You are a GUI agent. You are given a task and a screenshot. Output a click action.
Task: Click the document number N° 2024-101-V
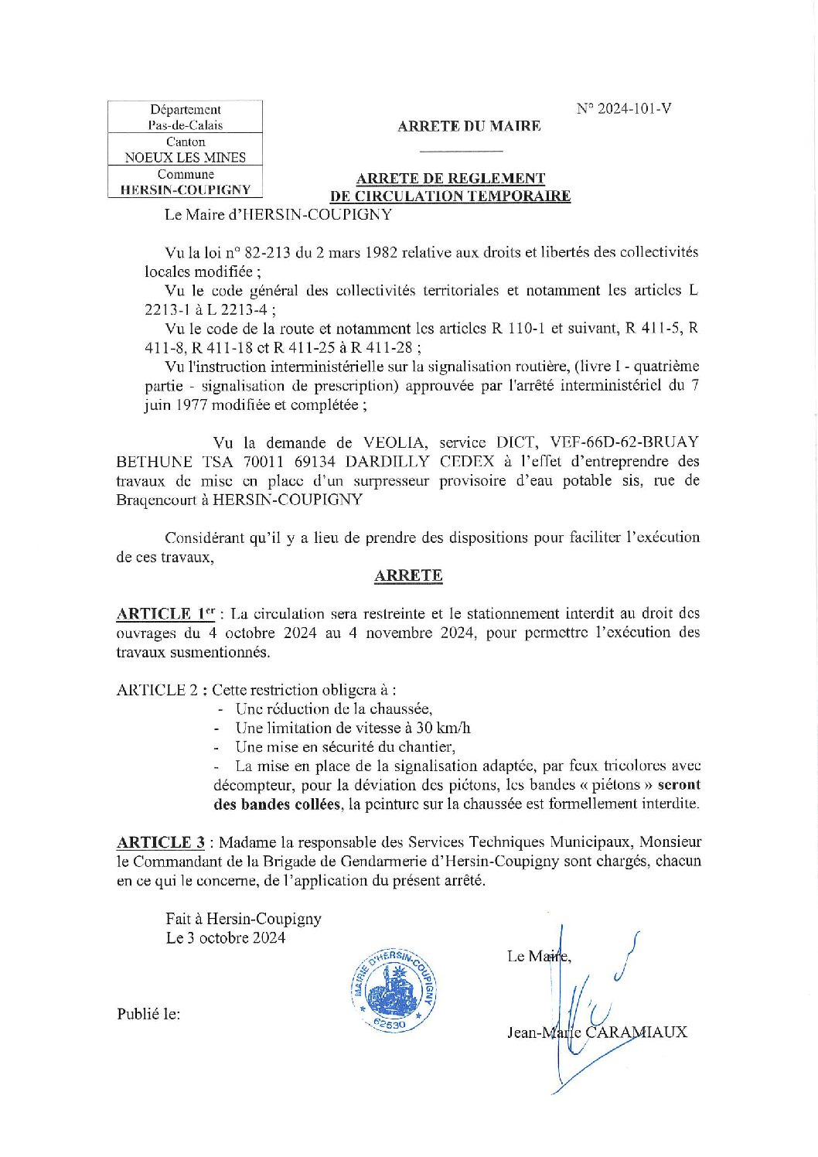coord(624,108)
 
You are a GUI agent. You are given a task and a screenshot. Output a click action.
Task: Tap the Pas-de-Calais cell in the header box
coord(186,125)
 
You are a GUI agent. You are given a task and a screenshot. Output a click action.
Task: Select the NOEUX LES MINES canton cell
coord(186,157)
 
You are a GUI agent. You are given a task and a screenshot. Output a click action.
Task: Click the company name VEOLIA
coord(394,442)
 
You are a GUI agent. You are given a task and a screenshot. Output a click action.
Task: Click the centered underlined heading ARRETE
coord(408,575)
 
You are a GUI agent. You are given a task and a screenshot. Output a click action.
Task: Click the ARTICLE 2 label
coord(158,690)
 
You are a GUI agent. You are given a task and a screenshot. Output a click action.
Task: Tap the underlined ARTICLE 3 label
coord(161,842)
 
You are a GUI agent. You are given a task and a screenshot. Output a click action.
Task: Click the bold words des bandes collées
coord(276,804)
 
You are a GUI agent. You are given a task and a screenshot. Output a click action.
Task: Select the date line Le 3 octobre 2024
coord(226,938)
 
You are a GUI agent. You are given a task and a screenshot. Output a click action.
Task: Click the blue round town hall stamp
coord(394,989)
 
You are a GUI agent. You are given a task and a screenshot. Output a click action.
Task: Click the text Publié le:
coord(148,1014)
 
